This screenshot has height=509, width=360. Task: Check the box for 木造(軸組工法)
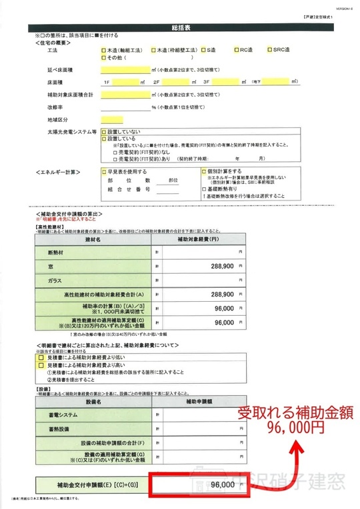coord(104,50)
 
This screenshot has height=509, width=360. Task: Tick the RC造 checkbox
coord(237,50)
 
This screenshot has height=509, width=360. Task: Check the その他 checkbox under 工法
coord(104,57)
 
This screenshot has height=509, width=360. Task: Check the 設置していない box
coord(104,132)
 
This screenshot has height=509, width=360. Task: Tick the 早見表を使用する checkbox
coord(104,171)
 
